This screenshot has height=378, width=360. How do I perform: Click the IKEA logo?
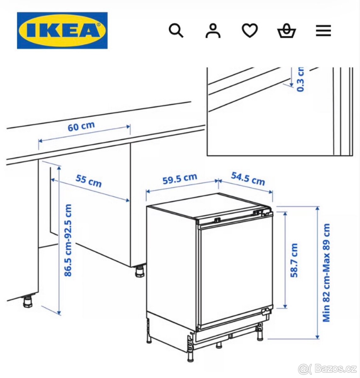pyautogui.click(x=62, y=31)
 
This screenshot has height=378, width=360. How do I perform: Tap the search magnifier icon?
pyautogui.click(x=176, y=31)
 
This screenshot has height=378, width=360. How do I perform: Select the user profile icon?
pyautogui.click(x=213, y=31)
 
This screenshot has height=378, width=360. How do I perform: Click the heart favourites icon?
pyautogui.click(x=250, y=31)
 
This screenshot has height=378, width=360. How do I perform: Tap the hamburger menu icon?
pyautogui.click(x=323, y=31)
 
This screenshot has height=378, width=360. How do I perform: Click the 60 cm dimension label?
pyautogui.click(x=81, y=127)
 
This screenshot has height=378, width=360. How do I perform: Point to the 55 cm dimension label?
pyautogui.click(x=88, y=181)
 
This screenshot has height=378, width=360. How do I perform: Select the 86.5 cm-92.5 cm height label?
pyautogui.click(x=68, y=240)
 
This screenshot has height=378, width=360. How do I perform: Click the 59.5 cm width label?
pyautogui.click(x=180, y=179)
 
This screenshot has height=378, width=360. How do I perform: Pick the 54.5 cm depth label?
pyautogui.click(x=248, y=179)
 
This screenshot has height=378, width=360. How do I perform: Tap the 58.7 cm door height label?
pyautogui.click(x=294, y=260)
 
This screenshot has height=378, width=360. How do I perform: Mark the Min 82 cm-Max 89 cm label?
pyautogui.click(x=327, y=272)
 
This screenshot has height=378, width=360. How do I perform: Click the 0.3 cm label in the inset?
pyautogui.click(x=301, y=80)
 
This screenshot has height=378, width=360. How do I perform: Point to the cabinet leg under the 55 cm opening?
pyautogui.click(x=139, y=271)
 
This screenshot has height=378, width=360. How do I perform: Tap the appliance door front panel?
pyautogui.click(x=234, y=271)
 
